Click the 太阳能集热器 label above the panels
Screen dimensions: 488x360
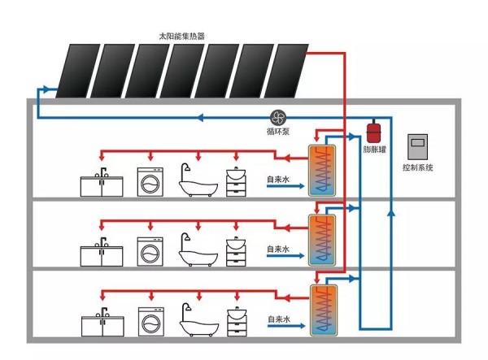pyautogui.click(x=181, y=36)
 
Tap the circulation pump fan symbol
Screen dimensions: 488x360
pyautogui.click(x=277, y=118)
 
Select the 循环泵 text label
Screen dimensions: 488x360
pyautogui.click(x=278, y=132)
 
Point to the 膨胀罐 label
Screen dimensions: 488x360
pyautogui.click(x=375, y=150)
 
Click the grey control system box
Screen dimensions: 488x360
pyautogui.click(x=418, y=147)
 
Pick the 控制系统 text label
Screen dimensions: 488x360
pyautogui.click(x=418, y=167)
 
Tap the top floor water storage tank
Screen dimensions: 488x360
pyautogui.click(x=322, y=171)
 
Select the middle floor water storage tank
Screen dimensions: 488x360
pyautogui.click(x=322, y=241)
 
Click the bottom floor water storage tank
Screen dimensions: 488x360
pyautogui.click(x=324, y=310)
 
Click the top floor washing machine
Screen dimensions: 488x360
pyautogui.click(x=150, y=182)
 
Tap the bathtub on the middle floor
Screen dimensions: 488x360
pyautogui.click(x=198, y=249)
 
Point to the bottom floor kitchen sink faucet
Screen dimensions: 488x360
pyautogui.click(x=102, y=314)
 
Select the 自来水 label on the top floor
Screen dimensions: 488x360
pyautogui.click(x=278, y=179)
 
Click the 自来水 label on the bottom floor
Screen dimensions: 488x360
pyautogui.click(x=279, y=319)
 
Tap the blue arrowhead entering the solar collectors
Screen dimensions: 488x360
pyautogui.click(x=46, y=89)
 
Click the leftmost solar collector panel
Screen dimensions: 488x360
pyautogui.click(x=78, y=71)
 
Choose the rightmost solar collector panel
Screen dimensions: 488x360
pyautogui.click(x=286, y=71)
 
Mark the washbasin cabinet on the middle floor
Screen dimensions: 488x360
pyautogui.click(x=236, y=252)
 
